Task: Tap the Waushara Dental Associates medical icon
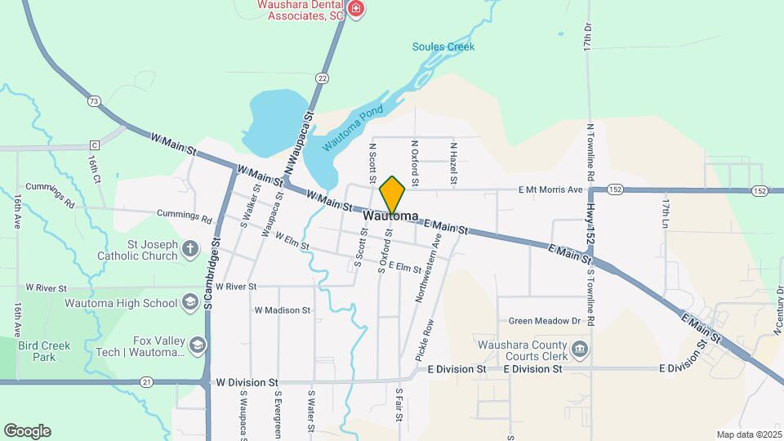click(x=355, y=9)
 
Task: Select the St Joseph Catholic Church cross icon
click(x=189, y=249)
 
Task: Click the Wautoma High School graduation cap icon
click(x=190, y=304)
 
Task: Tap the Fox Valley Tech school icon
click(x=198, y=346)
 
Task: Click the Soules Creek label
click(x=443, y=47)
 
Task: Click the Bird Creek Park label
click(x=45, y=351)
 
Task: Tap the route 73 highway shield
click(x=95, y=101)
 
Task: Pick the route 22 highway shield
click(x=323, y=78)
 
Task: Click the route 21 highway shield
click(x=146, y=381)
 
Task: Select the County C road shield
click(x=95, y=145)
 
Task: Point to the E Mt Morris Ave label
click(x=551, y=190)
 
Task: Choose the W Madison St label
click(x=283, y=310)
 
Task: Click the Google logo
click(x=27, y=431)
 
